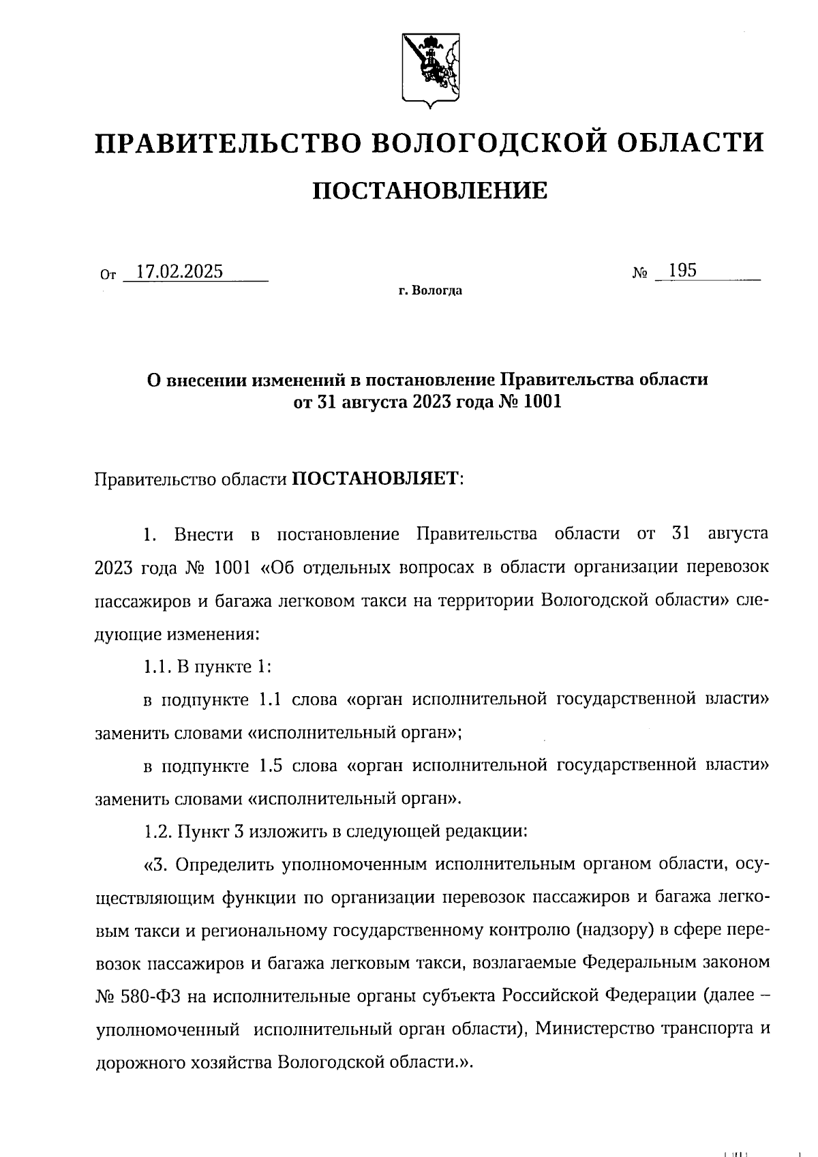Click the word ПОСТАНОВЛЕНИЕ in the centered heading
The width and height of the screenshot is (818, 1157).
(429, 190)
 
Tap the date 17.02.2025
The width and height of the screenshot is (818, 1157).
(179, 271)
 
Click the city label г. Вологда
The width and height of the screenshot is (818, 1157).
(430, 292)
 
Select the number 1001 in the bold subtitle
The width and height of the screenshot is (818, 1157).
(543, 402)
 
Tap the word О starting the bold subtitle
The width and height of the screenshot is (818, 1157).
(155, 379)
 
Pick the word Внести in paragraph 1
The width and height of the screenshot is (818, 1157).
(204, 534)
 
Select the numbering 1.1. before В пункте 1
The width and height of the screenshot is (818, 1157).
(157, 666)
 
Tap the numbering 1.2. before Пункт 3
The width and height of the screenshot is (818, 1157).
(158, 831)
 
